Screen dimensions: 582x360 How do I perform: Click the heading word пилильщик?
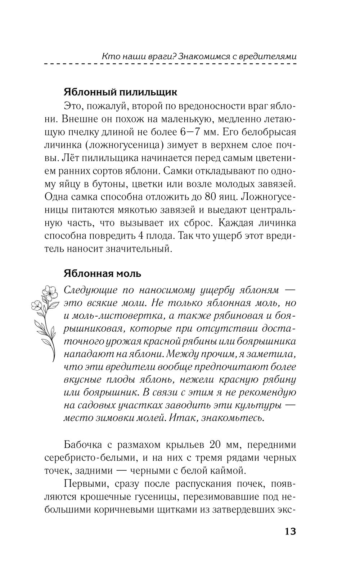click(x=146, y=92)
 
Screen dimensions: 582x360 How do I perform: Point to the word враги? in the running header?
click(x=160, y=56)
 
